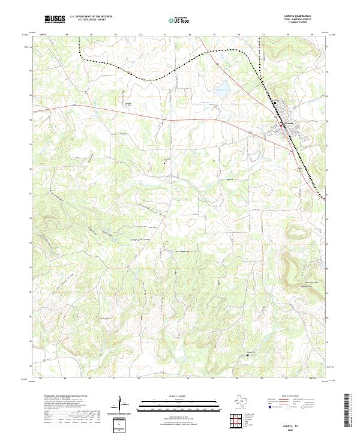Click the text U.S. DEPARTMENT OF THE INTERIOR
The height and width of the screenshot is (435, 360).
point(91,16)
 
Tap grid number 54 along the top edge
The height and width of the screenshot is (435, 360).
point(189,35)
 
